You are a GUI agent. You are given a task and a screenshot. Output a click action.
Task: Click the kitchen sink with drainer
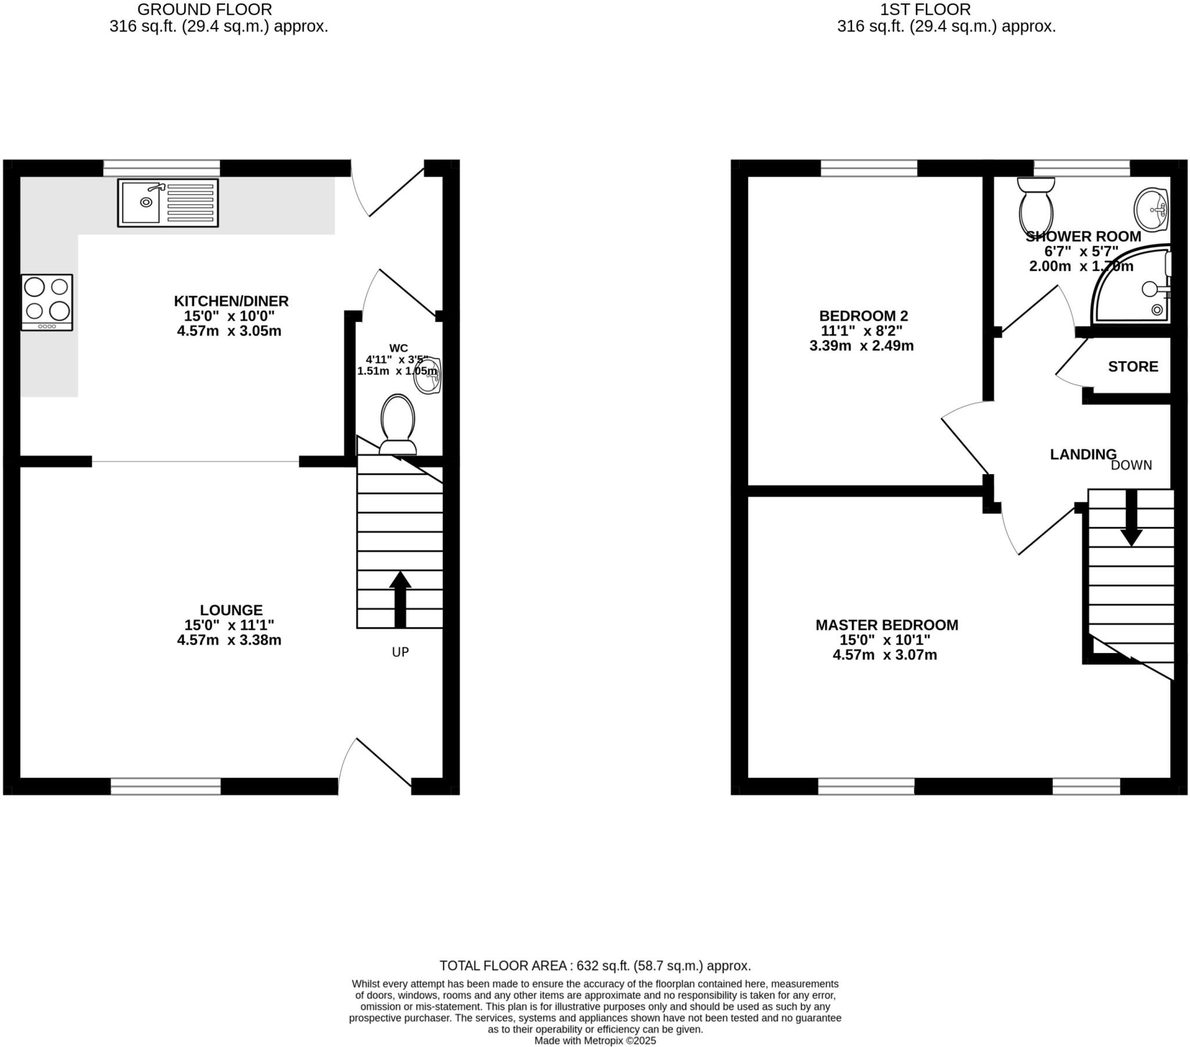click(x=168, y=203)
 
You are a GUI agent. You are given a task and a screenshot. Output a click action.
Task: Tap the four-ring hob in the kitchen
click(x=47, y=302)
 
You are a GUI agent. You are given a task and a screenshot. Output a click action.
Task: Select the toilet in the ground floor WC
click(x=397, y=425)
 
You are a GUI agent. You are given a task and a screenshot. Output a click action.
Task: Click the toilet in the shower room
click(x=1035, y=206)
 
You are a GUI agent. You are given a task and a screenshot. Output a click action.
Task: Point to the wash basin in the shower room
click(x=1152, y=210)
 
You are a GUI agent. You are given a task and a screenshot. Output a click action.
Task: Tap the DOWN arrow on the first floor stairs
click(x=1131, y=518)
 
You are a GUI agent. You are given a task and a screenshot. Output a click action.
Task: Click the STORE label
click(x=1133, y=366)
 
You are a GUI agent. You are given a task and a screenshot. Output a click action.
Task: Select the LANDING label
click(x=1083, y=454)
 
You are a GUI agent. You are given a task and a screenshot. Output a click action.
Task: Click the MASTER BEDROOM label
click(x=887, y=625)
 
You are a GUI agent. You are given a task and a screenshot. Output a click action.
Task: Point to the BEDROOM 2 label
click(x=863, y=315)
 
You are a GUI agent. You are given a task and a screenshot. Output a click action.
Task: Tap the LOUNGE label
click(x=231, y=609)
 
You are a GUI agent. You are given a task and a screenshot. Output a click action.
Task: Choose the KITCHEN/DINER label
click(x=231, y=301)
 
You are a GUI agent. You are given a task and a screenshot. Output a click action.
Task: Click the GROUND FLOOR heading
click(x=205, y=9)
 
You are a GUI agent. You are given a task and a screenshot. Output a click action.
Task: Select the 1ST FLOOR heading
click(x=925, y=9)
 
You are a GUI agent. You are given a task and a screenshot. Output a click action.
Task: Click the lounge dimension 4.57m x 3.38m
click(x=230, y=640)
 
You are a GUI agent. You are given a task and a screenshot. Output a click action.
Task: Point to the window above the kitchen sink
click(x=162, y=168)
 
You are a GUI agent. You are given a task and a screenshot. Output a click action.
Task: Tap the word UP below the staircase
click(x=400, y=652)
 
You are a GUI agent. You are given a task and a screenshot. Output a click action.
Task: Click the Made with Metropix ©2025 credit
click(x=595, y=1041)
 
